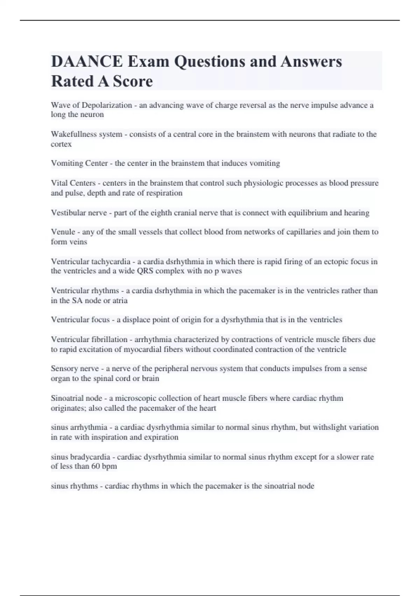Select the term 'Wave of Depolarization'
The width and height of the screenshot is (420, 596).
[x=91, y=105]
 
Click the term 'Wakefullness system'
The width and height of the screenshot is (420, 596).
[x=86, y=134]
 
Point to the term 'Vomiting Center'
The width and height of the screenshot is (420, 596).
[x=79, y=163]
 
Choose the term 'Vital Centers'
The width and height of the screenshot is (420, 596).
[x=73, y=183]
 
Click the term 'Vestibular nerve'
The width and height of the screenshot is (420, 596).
[x=79, y=213]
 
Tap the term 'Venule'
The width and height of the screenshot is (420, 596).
[x=63, y=232]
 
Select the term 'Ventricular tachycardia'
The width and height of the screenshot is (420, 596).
[x=91, y=262]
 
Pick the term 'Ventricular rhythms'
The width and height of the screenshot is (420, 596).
[x=85, y=291]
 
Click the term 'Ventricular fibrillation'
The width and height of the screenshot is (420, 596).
[x=89, y=339]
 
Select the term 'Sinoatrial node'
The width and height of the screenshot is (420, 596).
[x=77, y=398]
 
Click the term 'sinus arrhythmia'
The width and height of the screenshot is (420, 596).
[x=79, y=427]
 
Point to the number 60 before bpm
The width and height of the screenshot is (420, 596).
[x=96, y=466]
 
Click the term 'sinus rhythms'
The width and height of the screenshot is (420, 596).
[x=74, y=486]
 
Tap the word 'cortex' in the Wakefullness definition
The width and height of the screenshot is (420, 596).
[x=61, y=144]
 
